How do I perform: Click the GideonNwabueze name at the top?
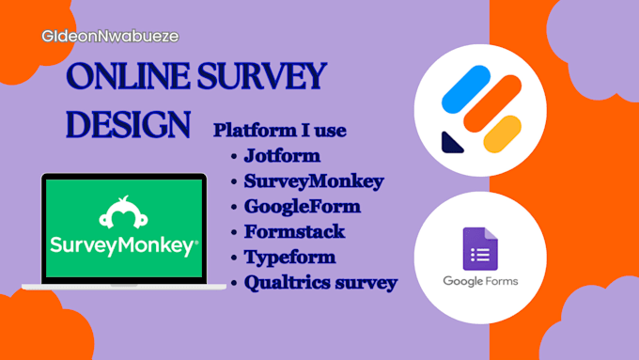tap(110, 37)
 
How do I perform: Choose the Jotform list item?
tap(282, 156)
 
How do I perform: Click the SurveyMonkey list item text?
tap(313, 181)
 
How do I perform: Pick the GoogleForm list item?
tap(302, 207)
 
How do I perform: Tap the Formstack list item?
tap(294, 231)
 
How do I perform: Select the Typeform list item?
tap(289, 257)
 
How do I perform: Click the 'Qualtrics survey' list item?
tap(320, 282)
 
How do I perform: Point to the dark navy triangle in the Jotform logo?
tap(453, 142)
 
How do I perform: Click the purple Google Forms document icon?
tap(480, 249)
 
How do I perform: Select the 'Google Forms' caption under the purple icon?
tap(480, 281)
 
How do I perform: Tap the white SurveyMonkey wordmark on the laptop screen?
tap(123, 247)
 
